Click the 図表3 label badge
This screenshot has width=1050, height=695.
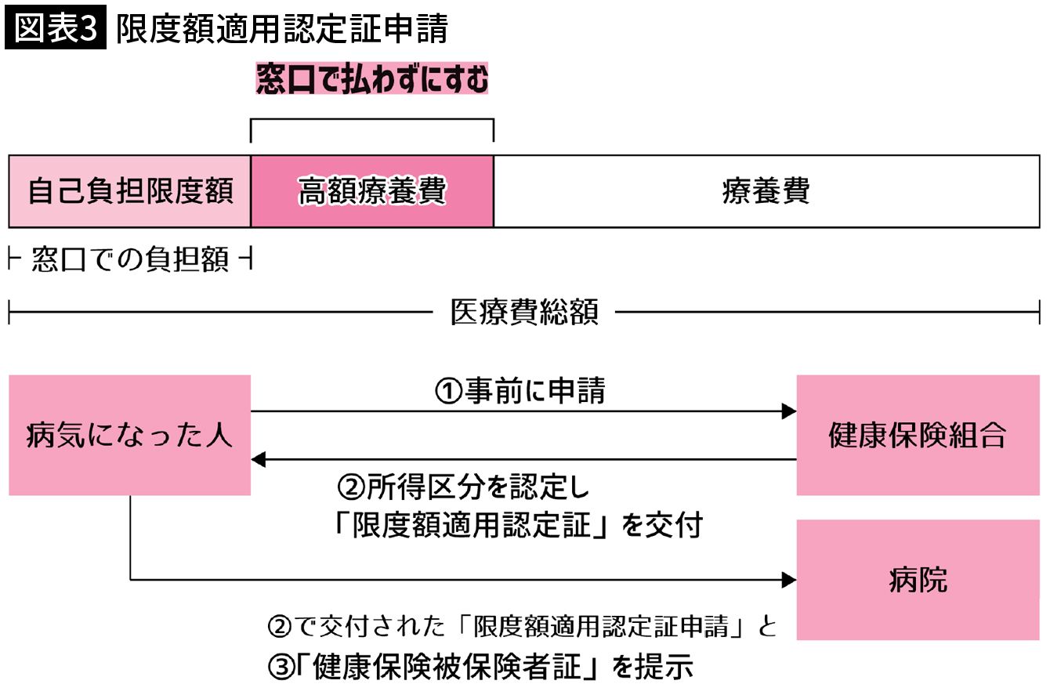[55, 29]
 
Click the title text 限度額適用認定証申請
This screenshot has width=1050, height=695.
[282, 29]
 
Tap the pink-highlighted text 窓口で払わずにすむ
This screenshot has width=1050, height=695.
[372, 80]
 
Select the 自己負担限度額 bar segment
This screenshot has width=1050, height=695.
[129, 191]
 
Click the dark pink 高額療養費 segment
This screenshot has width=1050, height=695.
[372, 191]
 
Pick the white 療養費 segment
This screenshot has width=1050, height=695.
[766, 191]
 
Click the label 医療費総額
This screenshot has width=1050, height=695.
[524, 313]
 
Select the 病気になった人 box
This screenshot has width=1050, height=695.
[129, 435]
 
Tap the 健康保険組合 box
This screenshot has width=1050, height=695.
[918, 435]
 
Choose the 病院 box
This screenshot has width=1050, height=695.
[918, 580]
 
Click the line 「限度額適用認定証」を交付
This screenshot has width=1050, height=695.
[517, 526]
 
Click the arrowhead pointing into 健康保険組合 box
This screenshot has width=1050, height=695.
[789, 411]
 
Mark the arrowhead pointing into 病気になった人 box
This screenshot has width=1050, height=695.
[259, 460]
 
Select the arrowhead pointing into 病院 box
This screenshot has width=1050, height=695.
[789, 580]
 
